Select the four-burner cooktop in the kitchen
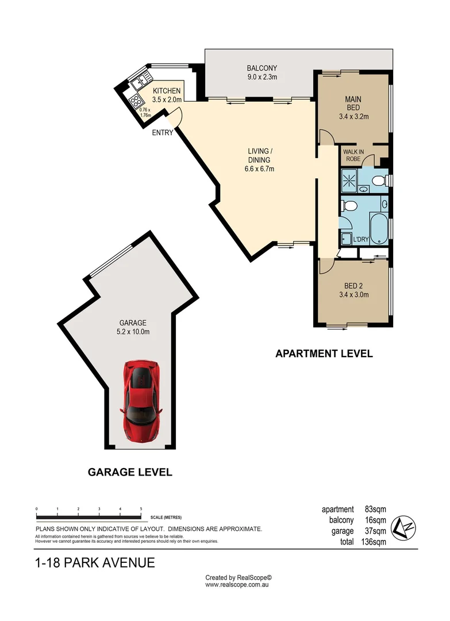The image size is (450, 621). click(x=136, y=101)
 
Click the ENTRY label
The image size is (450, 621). click(x=163, y=133)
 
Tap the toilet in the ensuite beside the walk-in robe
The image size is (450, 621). click(x=378, y=182)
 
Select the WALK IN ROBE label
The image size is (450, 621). click(x=353, y=155)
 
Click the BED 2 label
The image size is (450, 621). click(x=353, y=286)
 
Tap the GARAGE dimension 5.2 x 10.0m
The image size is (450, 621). click(x=133, y=331)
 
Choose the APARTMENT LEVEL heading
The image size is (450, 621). click(x=324, y=354)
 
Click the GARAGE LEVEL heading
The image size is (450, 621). click(x=130, y=472)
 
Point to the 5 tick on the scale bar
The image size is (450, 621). click(x=141, y=509)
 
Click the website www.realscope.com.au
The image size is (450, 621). click(x=237, y=584)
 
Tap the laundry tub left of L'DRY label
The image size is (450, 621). click(x=346, y=239)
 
